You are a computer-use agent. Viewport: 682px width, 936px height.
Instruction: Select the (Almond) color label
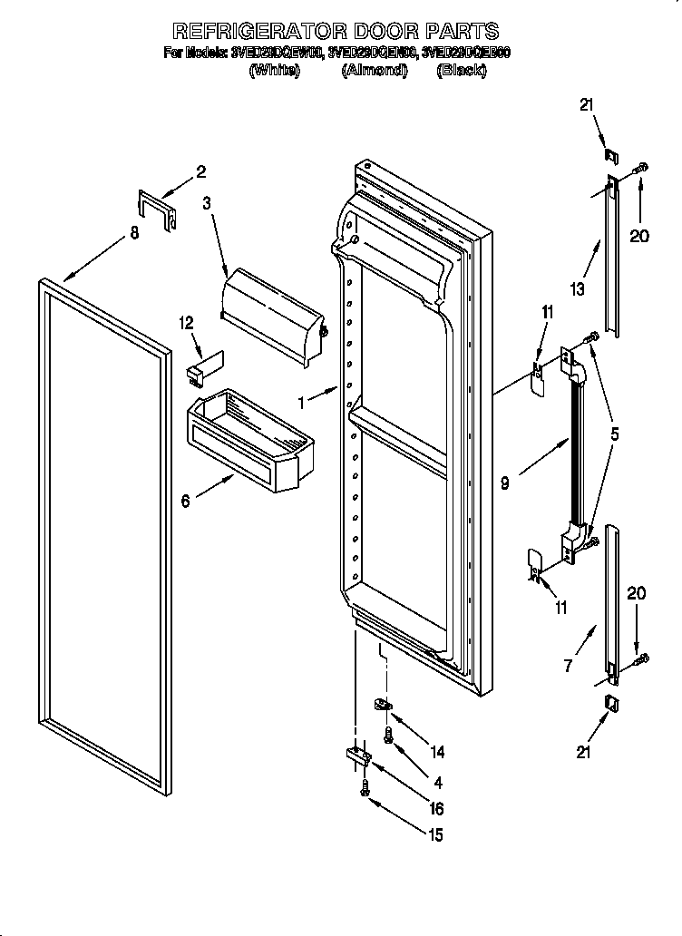click(374, 71)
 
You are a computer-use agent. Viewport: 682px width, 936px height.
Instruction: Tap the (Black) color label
click(461, 71)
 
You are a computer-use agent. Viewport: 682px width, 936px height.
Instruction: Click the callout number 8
click(134, 233)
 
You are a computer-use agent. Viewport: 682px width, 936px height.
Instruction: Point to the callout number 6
click(186, 501)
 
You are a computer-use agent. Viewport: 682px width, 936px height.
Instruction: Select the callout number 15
click(436, 835)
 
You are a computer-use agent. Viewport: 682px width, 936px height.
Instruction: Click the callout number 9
click(504, 483)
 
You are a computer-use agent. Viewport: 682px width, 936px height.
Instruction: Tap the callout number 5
click(615, 434)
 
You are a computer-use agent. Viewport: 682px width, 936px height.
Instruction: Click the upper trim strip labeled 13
click(612, 258)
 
